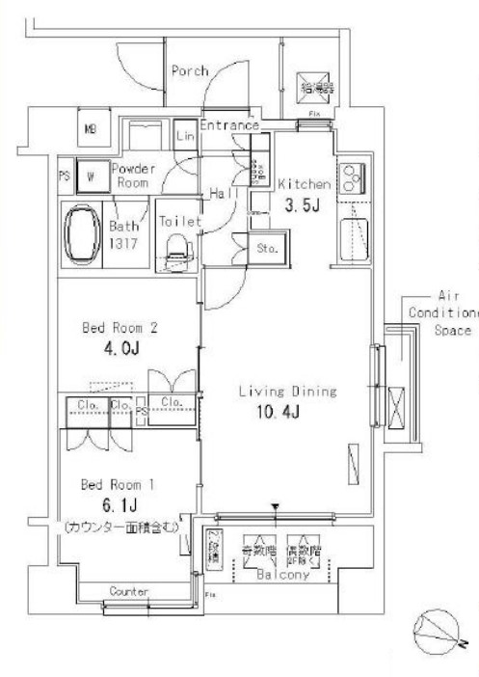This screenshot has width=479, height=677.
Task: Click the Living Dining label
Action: pos(287,392)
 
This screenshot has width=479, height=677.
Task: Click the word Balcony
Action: pos(281,576)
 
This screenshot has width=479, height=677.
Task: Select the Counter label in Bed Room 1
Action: pos(128,590)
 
